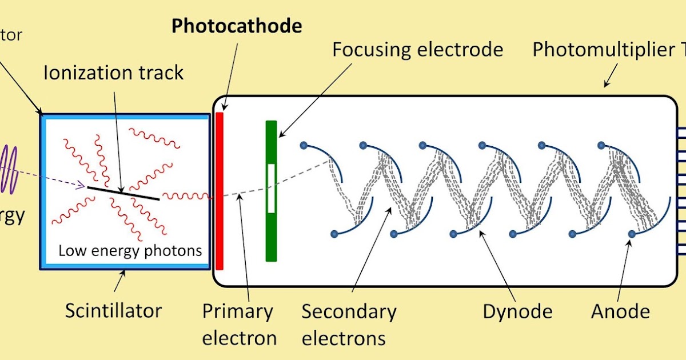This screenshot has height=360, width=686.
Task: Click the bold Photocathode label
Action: pos(237,26)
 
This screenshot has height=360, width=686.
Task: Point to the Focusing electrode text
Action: pos(417,50)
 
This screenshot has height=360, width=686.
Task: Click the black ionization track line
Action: pos(123,192)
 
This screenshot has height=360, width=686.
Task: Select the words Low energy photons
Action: pos(130,251)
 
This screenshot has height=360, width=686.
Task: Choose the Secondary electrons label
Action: pos(349,325)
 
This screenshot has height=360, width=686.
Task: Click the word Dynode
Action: pos(517,311)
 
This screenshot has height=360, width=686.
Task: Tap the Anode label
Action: pos(620,311)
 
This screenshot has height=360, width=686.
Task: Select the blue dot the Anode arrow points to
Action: pos(632,234)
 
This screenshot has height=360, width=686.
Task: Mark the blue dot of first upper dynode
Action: pos(304,145)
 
